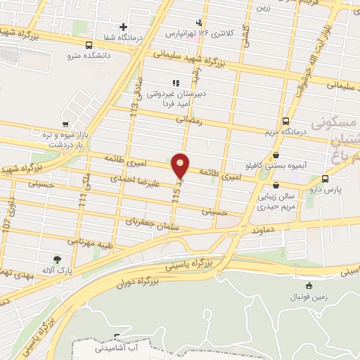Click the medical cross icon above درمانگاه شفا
pos(124,27)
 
